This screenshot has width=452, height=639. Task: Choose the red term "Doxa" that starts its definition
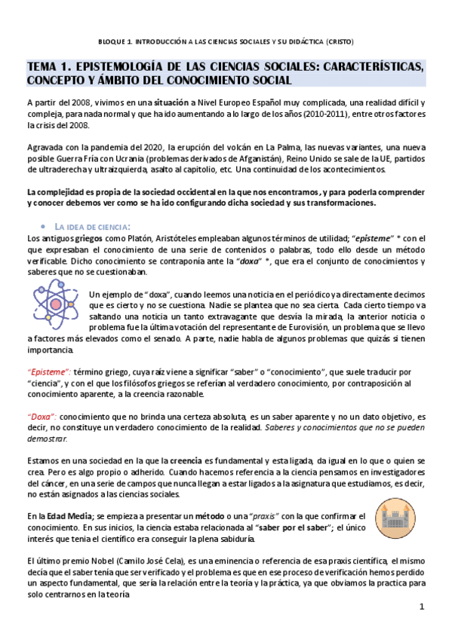[41, 416]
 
